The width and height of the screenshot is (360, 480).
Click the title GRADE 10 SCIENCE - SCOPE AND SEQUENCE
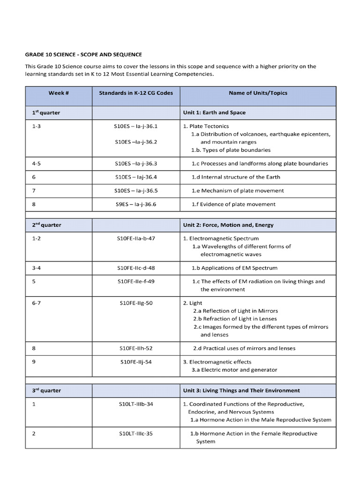pyautogui.click(x=83, y=55)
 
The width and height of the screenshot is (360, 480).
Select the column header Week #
pyautogui.click(x=59, y=93)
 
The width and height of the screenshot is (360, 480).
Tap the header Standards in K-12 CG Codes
pyautogui.click(x=136, y=93)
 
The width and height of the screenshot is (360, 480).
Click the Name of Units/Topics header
pyautogui.click(x=258, y=93)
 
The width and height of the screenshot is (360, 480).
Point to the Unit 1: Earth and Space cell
pyautogui.click(x=214, y=112)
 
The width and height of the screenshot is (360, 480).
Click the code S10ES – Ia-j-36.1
pyautogui.click(x=136, y=126)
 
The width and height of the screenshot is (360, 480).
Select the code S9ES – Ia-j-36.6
pyautogui.click(x=136, y=204)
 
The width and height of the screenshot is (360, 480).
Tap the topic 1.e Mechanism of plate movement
pyautogui.click(x=238, y=191)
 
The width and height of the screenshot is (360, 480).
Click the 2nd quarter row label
pyautogui.click(x=46, y=225)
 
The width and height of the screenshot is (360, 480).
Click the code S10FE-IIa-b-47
pyautogui.click(x=136, y=239)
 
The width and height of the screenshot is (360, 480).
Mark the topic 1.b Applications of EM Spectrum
pyautogui.click(x=234, y=268)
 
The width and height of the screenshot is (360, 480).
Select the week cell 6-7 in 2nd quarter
pyautogui.click(x=37, y=303)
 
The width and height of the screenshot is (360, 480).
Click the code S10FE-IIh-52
pyautogui.click(x=136, y=349)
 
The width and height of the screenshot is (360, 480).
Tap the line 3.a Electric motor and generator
pyautogui.click(x=234, y=370)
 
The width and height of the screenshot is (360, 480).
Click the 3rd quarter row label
pyautogui.click(x=46, y=390)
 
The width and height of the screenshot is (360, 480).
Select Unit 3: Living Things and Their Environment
pyautogui.click(x=241, y=390)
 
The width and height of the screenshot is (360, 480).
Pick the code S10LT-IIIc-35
pyautogui.click(x=136, y=434)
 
